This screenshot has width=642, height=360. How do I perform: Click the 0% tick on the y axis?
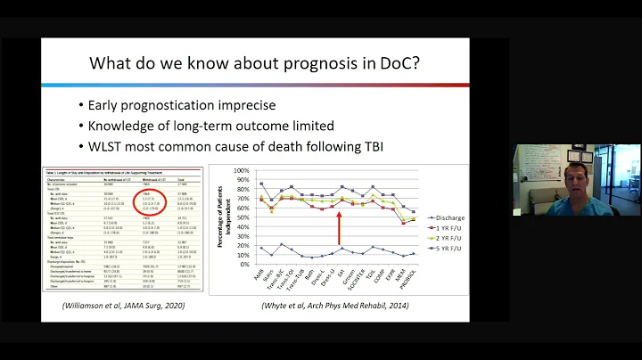click(240, 265)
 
